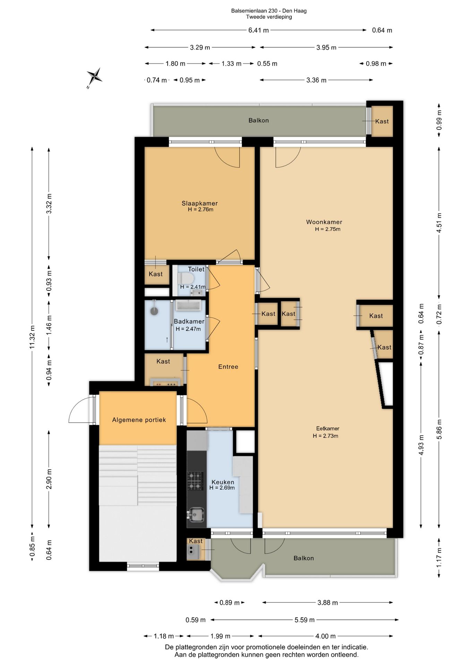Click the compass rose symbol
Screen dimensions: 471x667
click(x=94, y=77)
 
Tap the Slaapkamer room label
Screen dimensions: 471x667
click(x=200, y=203)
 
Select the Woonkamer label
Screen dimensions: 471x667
click(x=324, y=222)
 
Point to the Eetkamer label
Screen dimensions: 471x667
click(x=327, y=428)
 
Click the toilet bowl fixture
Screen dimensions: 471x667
click(x=186, y=278)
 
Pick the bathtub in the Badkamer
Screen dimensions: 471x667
click(x=189, y=305)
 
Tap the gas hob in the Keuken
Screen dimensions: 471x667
click(x=195, y=481)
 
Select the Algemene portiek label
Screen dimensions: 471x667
click(x=139, y=420)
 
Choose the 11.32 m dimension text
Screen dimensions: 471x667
click(x=32, y=337)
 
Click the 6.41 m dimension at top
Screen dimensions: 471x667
click(x=258, y=30)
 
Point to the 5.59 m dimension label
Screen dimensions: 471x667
click(x=305, y=620)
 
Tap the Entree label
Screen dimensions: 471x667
click(x=228, y=367)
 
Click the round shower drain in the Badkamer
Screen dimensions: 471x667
click(x=154, y=311)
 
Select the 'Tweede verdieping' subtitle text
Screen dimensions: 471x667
click(x=269, y=17)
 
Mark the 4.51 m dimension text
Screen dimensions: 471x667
click(x=439, y=223)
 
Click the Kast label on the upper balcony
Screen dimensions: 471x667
click(x=382, y=121)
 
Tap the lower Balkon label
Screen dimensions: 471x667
click(x=304, y=558)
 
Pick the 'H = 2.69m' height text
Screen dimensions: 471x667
click(x=222, y=488)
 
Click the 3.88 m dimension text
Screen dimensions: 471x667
click(x=328, y=602)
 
